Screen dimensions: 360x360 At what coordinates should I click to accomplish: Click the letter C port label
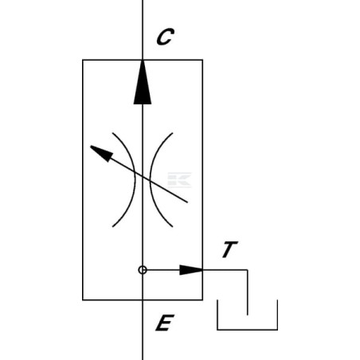click(165, 37)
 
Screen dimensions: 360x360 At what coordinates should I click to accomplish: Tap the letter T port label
click(230, 249)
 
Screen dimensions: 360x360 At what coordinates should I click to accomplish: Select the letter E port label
click(165, 323)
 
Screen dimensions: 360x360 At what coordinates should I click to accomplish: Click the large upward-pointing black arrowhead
click(143, 82)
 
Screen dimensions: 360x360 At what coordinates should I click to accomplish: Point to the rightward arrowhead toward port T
click(191, 270)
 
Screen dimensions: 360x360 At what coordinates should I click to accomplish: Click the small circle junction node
click(143, 270)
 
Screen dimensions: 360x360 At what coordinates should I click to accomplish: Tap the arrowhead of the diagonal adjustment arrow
click(102, 154)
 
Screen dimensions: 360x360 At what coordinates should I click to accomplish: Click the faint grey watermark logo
click(179, 180)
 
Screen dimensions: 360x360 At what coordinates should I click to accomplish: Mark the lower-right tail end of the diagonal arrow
click(187, 202)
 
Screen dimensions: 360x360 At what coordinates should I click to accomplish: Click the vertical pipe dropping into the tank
click(248, 292)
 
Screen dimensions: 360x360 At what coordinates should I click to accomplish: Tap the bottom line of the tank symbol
click(248, 330)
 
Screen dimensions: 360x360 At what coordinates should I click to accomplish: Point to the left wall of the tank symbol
click(217, 315)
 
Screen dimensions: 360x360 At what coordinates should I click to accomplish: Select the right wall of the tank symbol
click(277, 315)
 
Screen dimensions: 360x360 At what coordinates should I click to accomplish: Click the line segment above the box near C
click(143, 29)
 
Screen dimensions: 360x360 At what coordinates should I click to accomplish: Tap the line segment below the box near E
click(143, 330)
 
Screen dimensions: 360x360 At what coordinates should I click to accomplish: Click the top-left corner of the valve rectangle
click(83, 60)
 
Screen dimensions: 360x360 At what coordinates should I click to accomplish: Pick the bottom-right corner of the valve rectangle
click(202, 300)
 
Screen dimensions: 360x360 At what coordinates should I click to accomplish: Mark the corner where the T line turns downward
click(248, 270)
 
